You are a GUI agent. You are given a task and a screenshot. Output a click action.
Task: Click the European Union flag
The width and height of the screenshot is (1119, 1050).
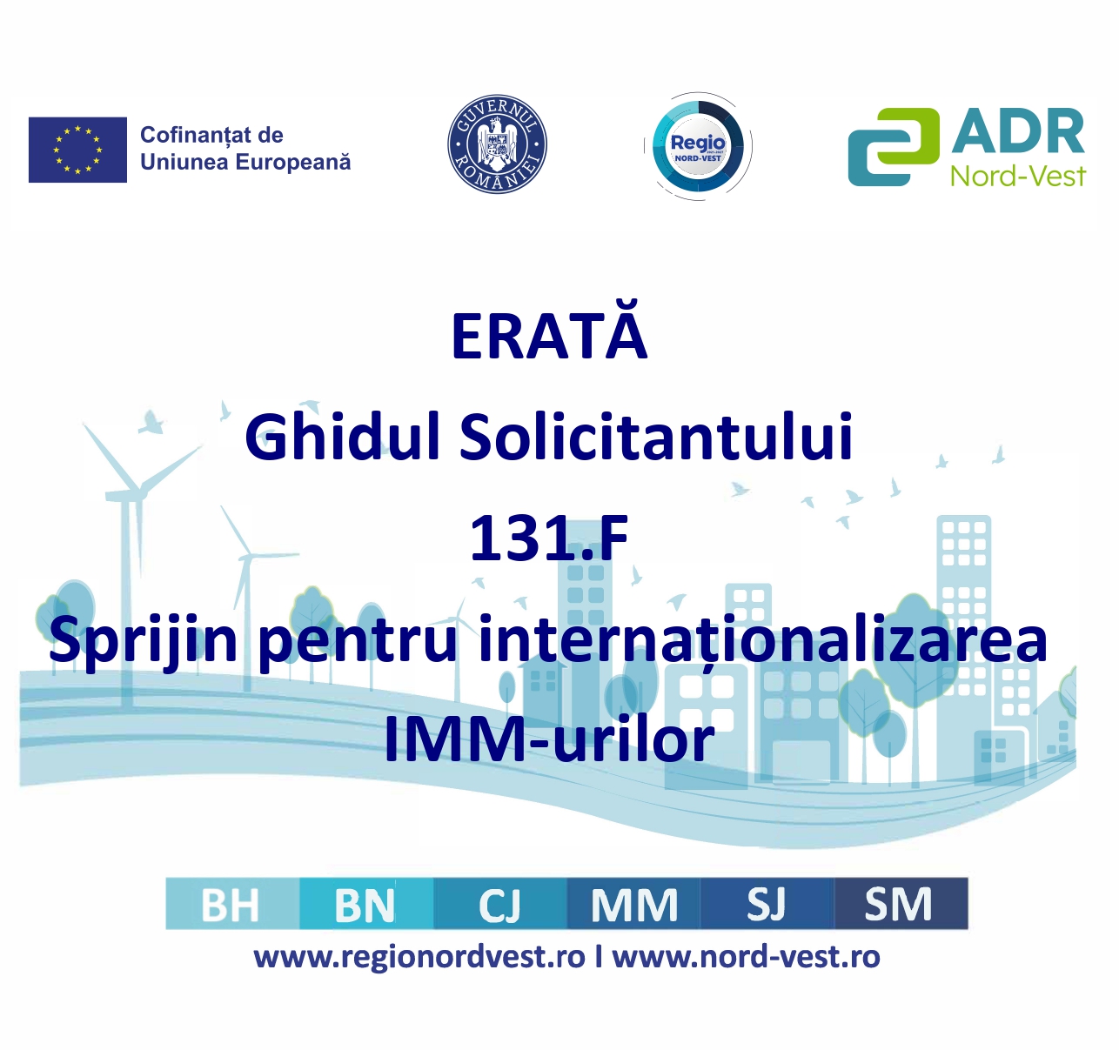(x=77, y=150)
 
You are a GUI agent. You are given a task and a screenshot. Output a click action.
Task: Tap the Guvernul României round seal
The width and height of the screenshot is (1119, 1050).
(x=497, y=144)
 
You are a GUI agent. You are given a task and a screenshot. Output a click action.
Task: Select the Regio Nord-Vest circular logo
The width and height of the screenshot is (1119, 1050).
(x=698, y=146)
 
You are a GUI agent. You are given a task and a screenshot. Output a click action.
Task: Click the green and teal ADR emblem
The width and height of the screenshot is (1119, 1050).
(x=894, y=147)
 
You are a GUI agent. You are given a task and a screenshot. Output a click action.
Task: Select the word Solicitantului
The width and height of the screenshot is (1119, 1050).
(x=656, y=437)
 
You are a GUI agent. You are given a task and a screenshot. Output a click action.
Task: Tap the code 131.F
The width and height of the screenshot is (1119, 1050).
(x=549, y=538)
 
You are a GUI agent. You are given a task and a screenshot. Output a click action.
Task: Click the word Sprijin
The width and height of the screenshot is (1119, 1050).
(x=143, y=642)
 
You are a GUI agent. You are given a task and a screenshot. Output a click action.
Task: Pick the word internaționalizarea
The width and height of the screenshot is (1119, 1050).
(x=763, y=642)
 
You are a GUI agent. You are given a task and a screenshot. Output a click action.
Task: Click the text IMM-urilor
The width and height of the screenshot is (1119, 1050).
(x=549, y=739)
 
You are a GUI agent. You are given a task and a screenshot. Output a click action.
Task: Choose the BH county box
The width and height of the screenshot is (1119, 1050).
(x=232, y=905)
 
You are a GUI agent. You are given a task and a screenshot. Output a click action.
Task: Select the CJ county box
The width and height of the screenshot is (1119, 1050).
(x=500, y=905)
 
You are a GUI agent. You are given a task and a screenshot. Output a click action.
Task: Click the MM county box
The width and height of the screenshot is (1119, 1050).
(x=633, y=905)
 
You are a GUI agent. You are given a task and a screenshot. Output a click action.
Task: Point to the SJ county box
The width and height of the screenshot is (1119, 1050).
(x=767, y=905)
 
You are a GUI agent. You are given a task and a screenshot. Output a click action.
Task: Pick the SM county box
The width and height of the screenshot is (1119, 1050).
(x=901, y=905)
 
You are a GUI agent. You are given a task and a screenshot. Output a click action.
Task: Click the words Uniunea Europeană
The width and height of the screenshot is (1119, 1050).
(x=245, y=162)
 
